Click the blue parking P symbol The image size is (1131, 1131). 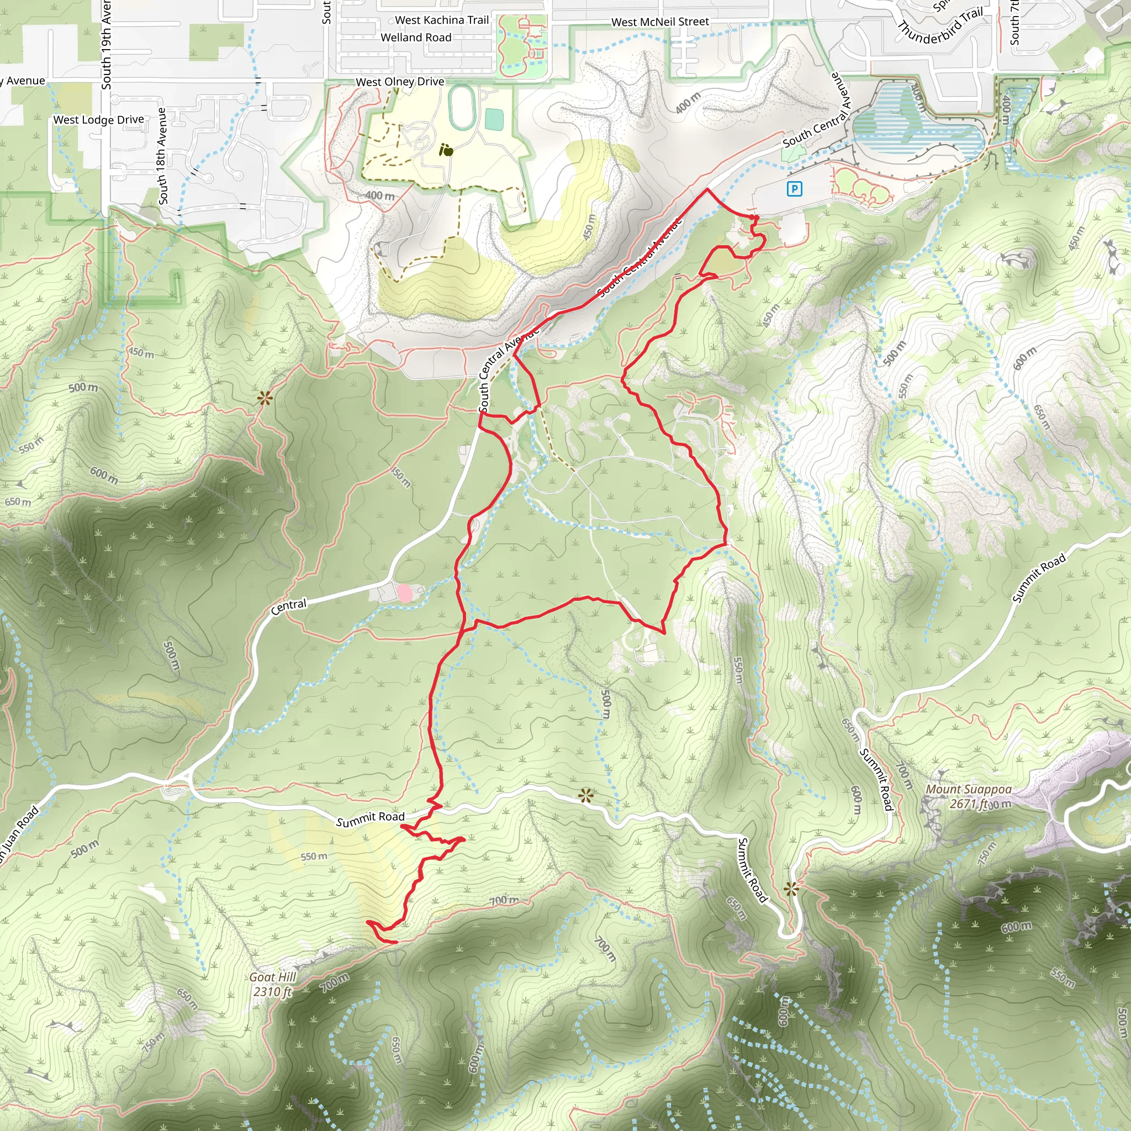pyautogui.click(x=794, y=188)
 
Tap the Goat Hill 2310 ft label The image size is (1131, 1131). pyautogui.click(x=273, y=984)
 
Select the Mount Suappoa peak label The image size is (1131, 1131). pyautogui.click(x=968, y=789)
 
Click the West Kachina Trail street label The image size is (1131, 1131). pyautogui.click(x=441, y=20)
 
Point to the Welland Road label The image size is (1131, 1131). pyautogui.click(x=416, y=38)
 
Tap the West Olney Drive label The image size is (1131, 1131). pyautogui.click(x=400, y=82)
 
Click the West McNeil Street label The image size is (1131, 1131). pyautogui.click(x=660, y=22)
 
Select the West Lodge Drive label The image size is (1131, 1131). pyautogui.click(x=98, y=119)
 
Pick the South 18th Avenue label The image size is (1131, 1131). pyautogui.click(x=162, y=156)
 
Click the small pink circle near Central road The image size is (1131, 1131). pyautogui.click(x=404, y=593)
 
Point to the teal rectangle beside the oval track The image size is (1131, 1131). pyautogui.click(x=494, y=120)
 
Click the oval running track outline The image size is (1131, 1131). pyautogui.click(x=461, y=107)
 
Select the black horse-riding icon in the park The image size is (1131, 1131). pyautogui.click(x=446, y=150)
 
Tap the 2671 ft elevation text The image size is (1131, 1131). pyautogui.click(x=969, y=804)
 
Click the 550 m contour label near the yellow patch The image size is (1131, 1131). pyautogui.click(x=314, y=857)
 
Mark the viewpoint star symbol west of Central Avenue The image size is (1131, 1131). pyautogui.click(x=265, y=399)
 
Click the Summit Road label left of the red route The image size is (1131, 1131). pyautogui.click(x=370, y=818)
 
